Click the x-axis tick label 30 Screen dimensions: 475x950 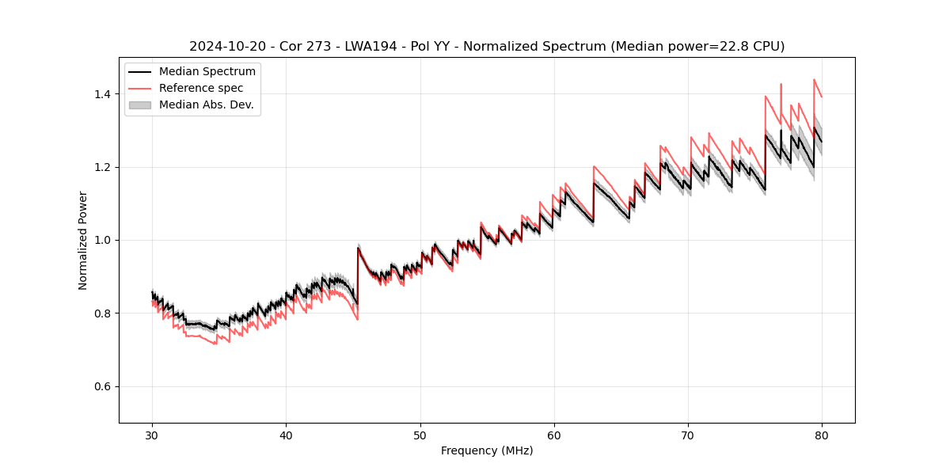coord(152,435)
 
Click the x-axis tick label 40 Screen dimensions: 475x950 coord(286,435)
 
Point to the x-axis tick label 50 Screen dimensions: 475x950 coord(420,435)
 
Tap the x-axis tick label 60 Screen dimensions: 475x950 coord(554,435)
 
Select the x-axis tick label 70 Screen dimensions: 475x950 coord(688,435)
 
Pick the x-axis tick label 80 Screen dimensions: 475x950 coord(822,435)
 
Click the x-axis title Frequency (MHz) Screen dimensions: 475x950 coord(487,450)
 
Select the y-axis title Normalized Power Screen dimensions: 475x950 coord(82,240)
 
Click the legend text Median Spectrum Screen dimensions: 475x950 coord(207,72)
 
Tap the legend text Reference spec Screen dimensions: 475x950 coord(201,88)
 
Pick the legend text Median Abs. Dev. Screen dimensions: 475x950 coord(206,104)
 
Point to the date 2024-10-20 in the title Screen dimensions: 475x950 coord(224,47)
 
